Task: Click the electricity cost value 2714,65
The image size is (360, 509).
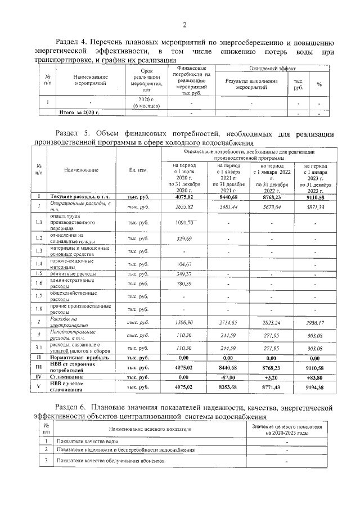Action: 228,323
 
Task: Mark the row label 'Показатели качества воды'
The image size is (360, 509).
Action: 86,442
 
